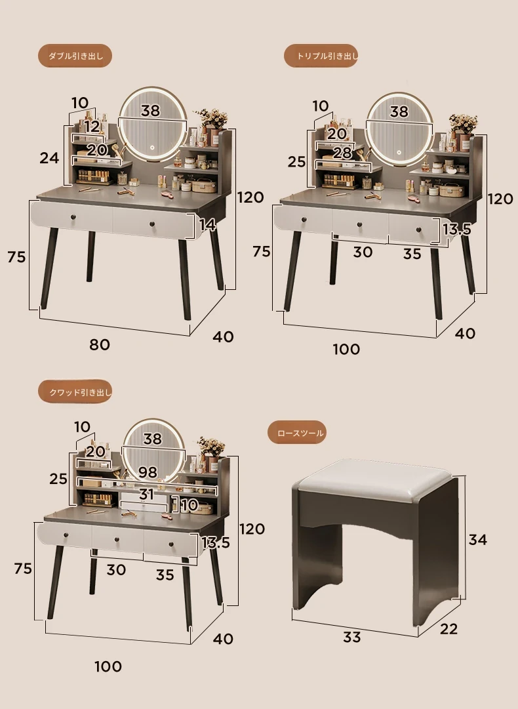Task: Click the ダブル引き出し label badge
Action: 75,56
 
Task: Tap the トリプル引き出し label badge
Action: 321,56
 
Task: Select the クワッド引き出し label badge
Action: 75,392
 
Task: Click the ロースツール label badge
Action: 296,433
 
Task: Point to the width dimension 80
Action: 100,344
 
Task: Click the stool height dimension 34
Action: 477,539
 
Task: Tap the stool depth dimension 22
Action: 448,628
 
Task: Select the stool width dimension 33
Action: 351,637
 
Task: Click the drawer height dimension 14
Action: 207,225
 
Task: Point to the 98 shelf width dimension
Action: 148,472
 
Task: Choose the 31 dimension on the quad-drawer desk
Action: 146,494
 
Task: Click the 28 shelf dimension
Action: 342,153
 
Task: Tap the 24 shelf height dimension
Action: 49,158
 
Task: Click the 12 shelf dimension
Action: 91,126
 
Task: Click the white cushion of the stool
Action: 374,479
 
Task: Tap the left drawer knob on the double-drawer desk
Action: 73,218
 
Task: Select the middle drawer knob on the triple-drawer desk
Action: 360,224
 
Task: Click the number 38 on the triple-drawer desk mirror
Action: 399,111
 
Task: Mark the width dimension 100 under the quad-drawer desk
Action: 108,666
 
